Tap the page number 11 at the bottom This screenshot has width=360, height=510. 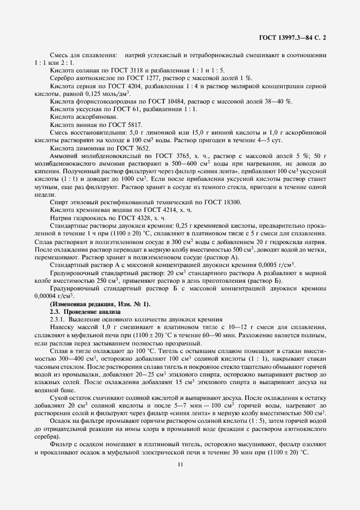point(180,464)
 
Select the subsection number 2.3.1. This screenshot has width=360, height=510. point(58,319)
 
